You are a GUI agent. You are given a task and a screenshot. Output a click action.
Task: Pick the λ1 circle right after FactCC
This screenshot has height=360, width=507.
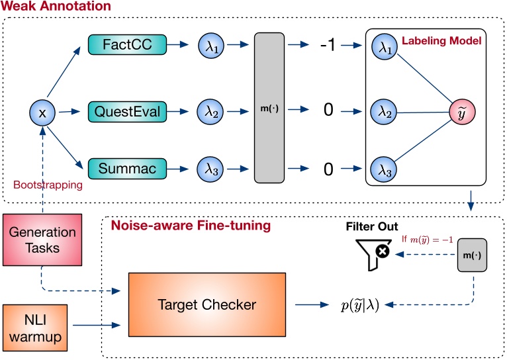click(x=211, y=45)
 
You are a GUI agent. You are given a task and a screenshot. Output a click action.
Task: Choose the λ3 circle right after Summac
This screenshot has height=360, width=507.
click(x=211, y=169)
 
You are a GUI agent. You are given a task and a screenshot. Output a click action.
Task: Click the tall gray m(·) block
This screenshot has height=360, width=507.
click(x=273, y=109)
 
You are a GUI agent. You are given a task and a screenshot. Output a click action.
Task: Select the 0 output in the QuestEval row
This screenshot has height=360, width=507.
click(x=327, y=111)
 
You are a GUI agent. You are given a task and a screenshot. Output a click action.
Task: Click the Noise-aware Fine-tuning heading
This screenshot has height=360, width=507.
click(x=190, y=226)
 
